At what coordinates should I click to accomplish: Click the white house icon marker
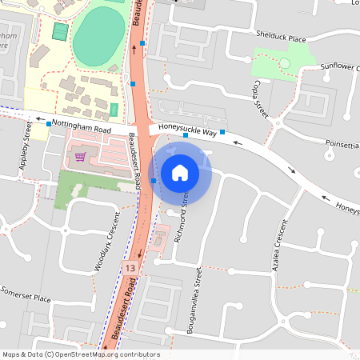click(180, 171)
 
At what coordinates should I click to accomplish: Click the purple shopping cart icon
click(80, 156)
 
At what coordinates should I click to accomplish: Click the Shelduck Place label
click(280, 38)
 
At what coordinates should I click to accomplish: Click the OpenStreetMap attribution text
click(81, 354)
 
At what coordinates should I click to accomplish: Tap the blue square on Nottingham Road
click(49, 124)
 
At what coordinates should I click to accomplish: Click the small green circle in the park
click(283, 62)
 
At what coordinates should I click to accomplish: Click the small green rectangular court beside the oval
click(60, 32)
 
